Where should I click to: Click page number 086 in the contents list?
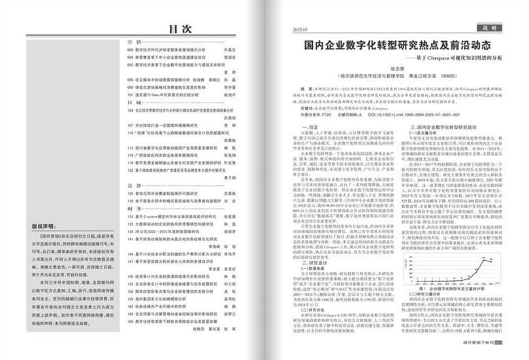[130, 50]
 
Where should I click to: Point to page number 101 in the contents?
[130, 95]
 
